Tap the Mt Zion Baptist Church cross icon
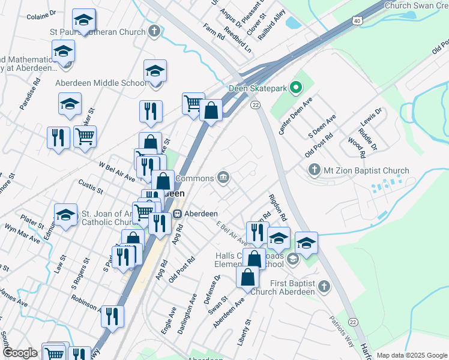coord(314,170)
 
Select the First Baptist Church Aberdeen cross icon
coord(325,286)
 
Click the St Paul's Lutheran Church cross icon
coord(154,30)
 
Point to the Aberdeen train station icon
coord(178,214)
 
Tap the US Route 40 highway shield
coord(357,20)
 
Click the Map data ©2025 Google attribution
coord(411,355)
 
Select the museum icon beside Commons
coord(223,176)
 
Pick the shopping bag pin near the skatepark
coord(211,110)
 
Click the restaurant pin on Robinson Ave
coord(112,316)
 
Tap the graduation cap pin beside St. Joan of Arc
coord(65,214)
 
